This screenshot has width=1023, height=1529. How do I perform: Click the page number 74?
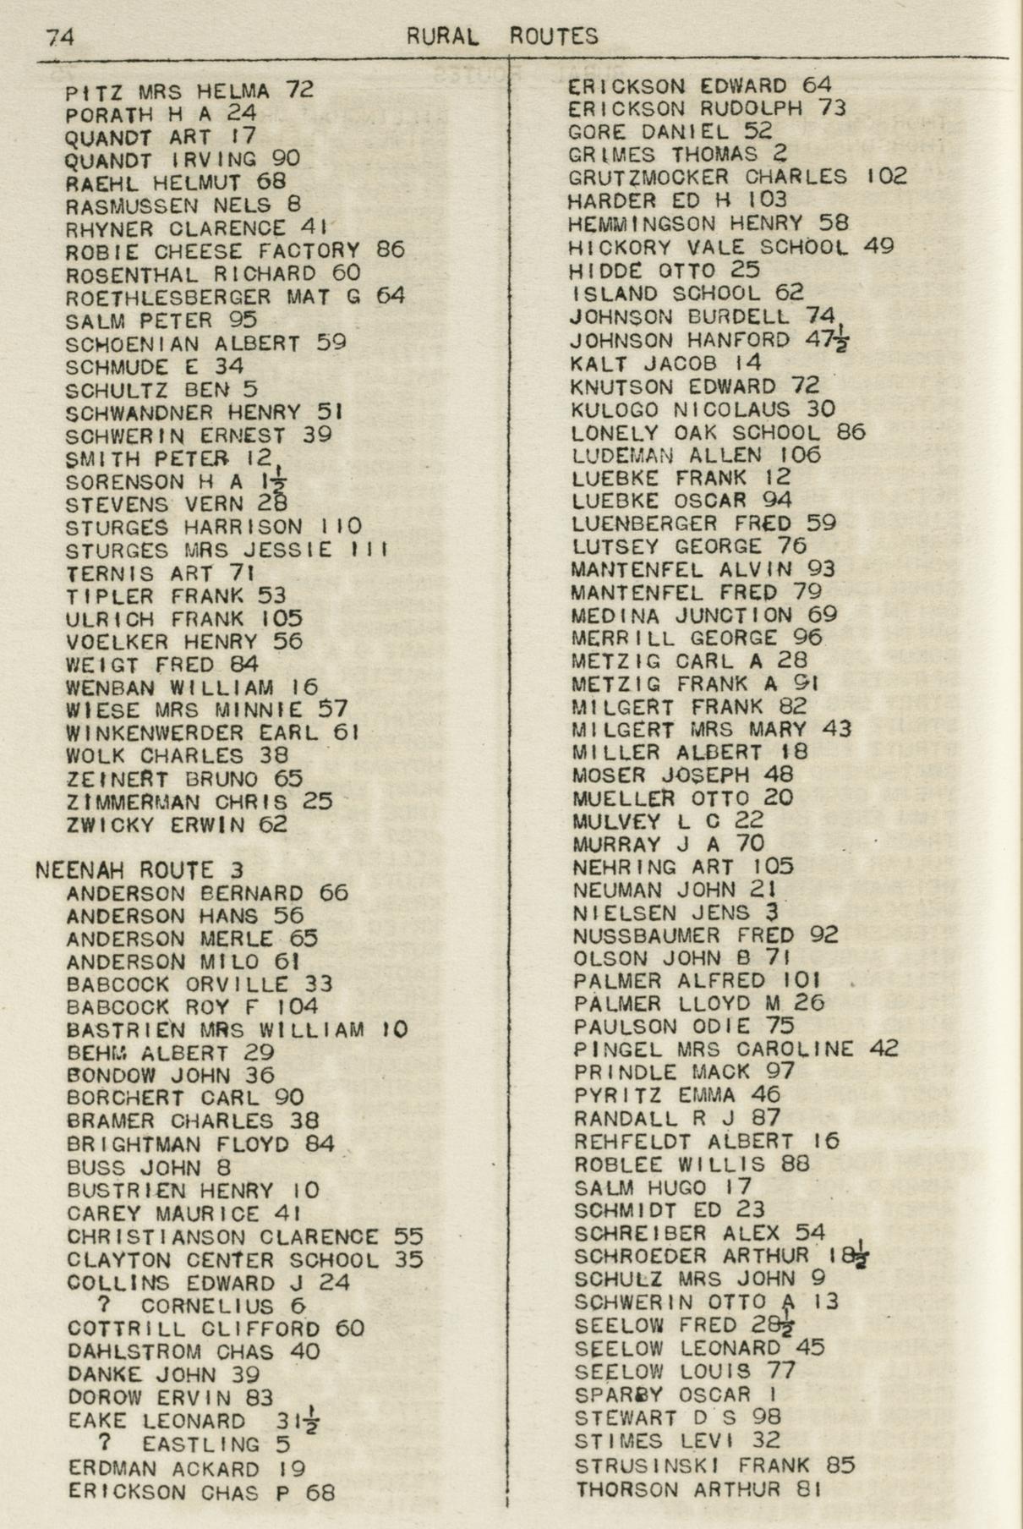coord(61,36)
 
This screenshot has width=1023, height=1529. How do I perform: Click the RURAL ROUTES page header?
coord(502,36)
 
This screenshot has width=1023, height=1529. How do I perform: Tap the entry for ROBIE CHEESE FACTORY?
coord(235,251)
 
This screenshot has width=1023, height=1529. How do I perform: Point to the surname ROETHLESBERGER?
coord(169,298)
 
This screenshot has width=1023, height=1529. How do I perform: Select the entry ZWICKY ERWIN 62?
coord(177,825)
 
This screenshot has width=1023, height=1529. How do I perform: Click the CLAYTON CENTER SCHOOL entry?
coord(245,1261)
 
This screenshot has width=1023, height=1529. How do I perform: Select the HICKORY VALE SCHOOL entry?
coord(731,248)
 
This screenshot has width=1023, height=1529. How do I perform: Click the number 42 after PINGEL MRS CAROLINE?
coord(883,1049)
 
